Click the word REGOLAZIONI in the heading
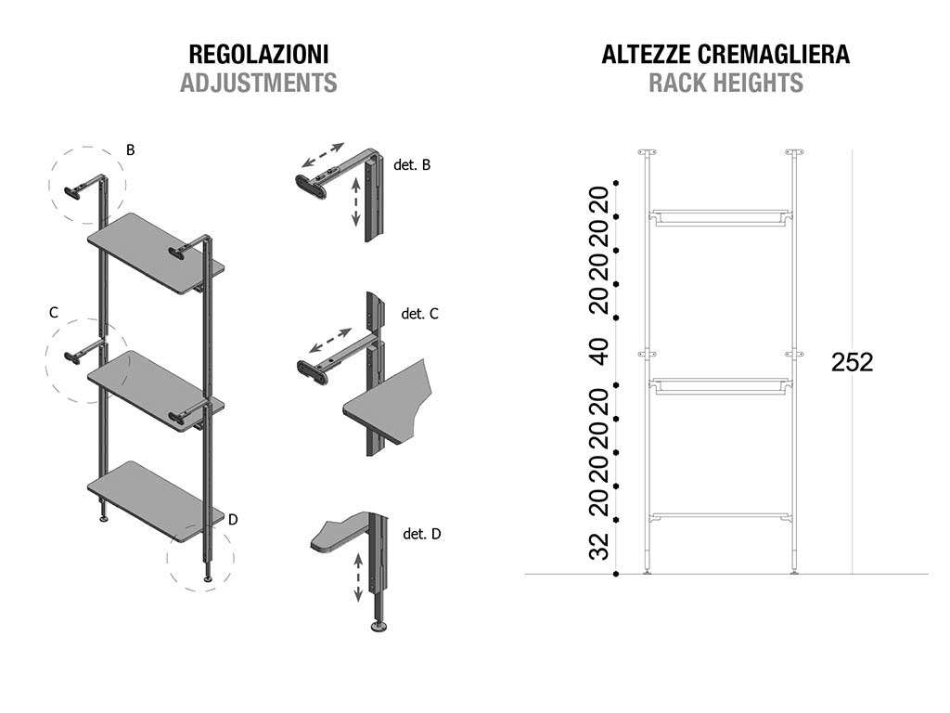(259, 54)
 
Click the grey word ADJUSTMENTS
(259, 83)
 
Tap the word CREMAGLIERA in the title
(774, 54)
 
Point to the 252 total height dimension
(852, 362)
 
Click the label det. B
(412, 165)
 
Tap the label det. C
(419, 314)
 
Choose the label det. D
(422, 534)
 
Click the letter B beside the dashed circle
(130, 149)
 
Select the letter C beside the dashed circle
(53, 312)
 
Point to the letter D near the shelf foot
(233, 520)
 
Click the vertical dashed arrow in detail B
(356, 201)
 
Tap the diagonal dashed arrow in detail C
(330, 340)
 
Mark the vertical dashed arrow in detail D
(358, 577)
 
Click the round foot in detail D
(379, 626)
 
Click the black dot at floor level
(616, 574)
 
